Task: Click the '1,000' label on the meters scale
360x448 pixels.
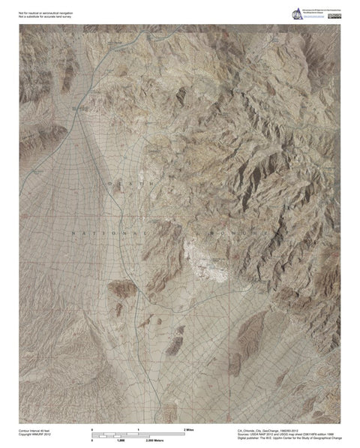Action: (120, 441)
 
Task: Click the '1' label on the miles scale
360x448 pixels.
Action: (138, 428)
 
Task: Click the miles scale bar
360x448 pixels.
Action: (138, 434)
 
